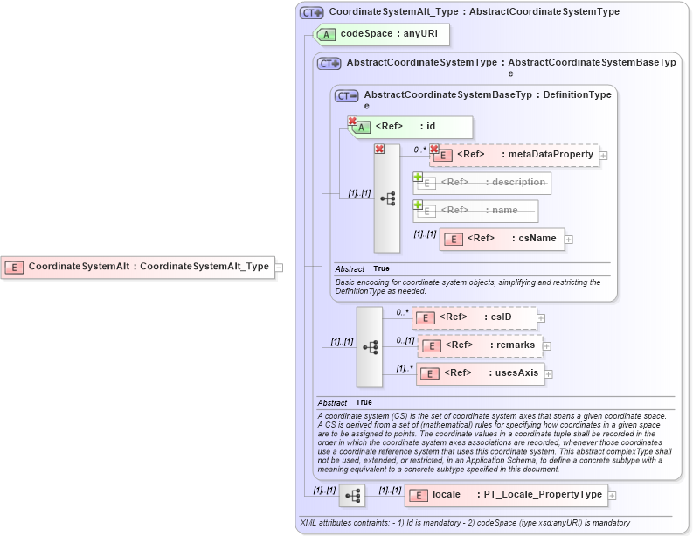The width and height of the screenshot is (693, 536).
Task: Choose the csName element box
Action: pos(502,238)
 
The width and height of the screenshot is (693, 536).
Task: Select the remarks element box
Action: pos(480,345)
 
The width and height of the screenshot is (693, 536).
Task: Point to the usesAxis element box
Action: pos(480,373)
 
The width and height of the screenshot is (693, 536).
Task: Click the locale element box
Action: pos(506,495)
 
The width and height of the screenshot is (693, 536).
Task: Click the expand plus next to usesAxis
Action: pos(551,373)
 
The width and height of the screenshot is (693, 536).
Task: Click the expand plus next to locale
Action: pos(612,495)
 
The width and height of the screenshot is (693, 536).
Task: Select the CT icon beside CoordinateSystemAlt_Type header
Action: pos(311,12)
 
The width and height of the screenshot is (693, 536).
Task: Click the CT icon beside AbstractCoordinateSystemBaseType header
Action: pos(347,95)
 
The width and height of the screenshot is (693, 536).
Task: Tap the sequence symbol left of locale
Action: pos(352,496)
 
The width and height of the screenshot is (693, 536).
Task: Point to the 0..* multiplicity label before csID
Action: pos(402,311)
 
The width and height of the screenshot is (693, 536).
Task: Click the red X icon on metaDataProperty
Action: pos(433,149)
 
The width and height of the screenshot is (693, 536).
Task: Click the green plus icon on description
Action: pos(418,177)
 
